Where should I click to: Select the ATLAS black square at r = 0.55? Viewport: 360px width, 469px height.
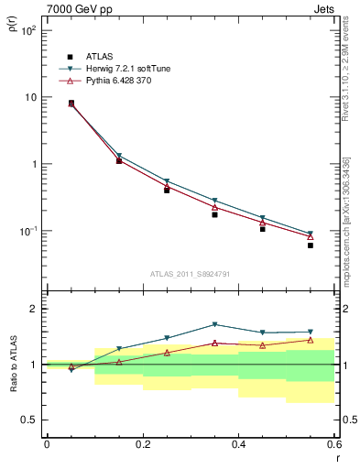pyautogui.click(x=311, y=245)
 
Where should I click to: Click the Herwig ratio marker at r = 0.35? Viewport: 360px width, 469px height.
pyautogui.click(x=214, y=324)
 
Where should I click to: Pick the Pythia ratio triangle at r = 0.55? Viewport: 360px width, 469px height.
pyautogui.click(x=311, y=340)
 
